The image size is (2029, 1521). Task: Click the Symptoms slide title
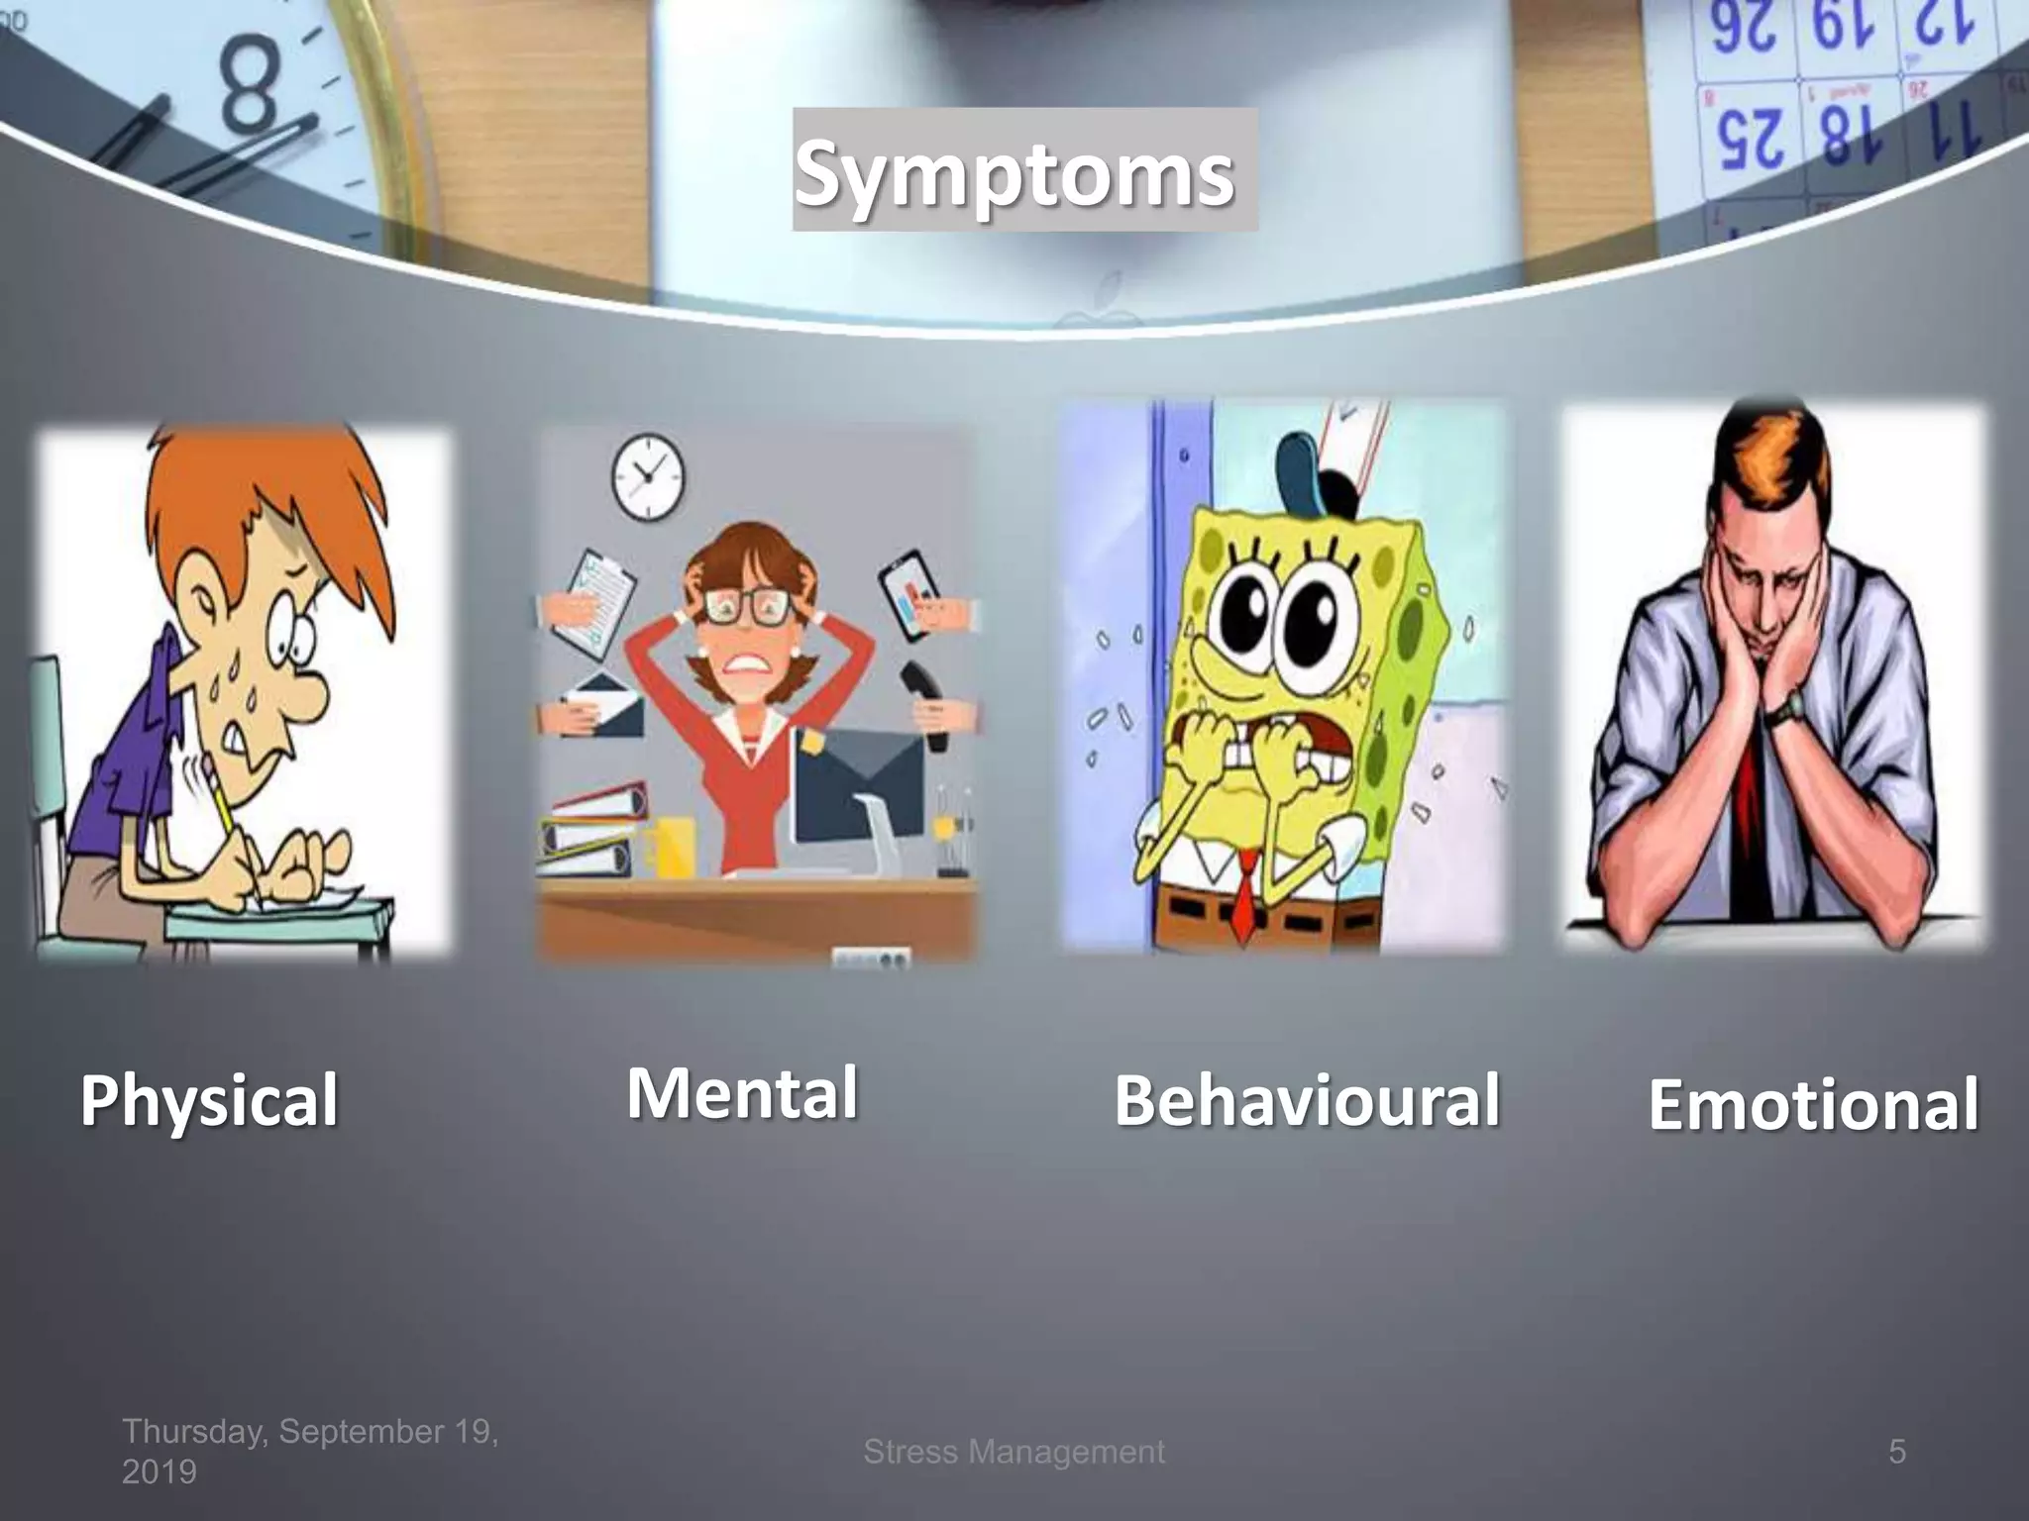pos(1014,173)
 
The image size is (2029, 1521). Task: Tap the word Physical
pos(209,1101)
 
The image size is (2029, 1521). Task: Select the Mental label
pos(742,1093)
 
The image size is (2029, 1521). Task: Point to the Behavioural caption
pos(1307,1101)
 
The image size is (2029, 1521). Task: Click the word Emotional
pos(1813,1105)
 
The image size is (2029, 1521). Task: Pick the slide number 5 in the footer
pos(1896,1452)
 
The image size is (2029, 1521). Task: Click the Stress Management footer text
pos(1014,1452)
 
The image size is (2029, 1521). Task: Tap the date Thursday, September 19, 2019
pos(309,1451)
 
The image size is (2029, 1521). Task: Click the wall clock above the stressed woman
pos(647,476)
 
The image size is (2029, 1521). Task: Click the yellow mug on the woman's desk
pos(670,847)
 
